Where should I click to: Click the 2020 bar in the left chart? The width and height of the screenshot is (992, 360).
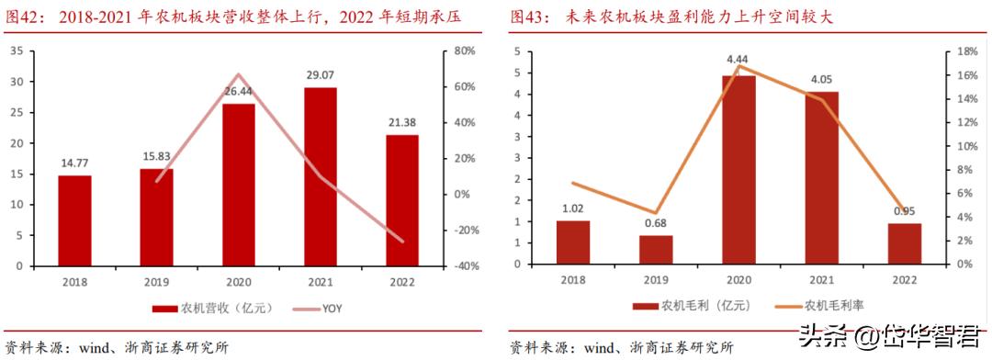(x=239, y=185)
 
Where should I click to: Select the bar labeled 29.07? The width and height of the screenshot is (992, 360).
(x=321, y=176)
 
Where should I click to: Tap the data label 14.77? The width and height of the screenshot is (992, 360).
(x=74, y=163)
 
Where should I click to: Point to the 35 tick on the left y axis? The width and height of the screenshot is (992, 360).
(x=16, y=51)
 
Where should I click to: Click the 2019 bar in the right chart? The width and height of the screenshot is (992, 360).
(x=656, y=249)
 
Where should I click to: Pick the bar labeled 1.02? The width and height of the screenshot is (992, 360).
(x=573, y=242)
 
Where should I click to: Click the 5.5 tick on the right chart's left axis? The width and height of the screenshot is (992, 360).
(x=519, y=51)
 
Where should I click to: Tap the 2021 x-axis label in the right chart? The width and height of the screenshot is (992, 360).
(x=822, y=279)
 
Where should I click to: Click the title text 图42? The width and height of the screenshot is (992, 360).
(x=24, y=17)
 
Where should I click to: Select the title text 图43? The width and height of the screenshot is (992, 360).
(x=530, y=17)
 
